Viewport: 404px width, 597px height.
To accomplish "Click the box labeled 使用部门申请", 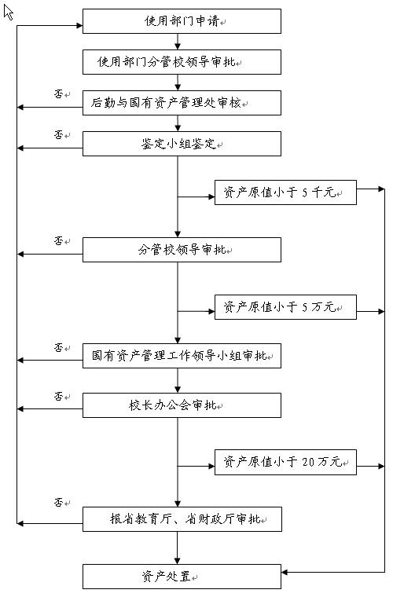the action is (x=182, y=21).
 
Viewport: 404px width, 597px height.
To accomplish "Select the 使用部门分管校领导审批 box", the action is (x=182, y=62).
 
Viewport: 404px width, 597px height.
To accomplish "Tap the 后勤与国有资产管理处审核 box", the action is (x=182, y=103).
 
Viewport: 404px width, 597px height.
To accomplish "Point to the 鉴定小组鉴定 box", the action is (x=182, y=144).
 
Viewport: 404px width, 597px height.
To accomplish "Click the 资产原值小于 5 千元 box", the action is (x=285, y=192).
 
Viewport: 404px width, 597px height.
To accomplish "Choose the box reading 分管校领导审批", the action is (x=182, y=250).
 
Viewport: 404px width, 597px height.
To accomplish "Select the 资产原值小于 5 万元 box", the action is (x=285, y=307).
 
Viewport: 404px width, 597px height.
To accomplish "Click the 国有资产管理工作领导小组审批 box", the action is (x=182, y=356).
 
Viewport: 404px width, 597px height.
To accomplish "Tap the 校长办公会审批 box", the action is (x=182, y=405).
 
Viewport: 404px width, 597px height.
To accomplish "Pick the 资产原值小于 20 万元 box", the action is (x=285, y=462).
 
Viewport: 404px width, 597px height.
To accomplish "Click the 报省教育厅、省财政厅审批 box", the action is (x=182, y=519).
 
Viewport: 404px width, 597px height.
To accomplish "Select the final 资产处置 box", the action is (x=182, y=577).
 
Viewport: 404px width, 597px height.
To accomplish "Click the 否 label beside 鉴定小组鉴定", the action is (x=58, y=134).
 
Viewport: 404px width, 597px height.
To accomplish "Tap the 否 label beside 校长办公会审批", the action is (x=58, y=396).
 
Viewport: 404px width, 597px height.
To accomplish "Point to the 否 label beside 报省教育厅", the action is (x=58, y=502).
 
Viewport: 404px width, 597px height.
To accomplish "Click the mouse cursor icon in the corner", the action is (x=9, y=13).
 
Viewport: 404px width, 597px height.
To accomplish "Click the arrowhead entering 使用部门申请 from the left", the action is (x=79, y=25).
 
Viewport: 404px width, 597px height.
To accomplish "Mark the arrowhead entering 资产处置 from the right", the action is (x=285, y=572).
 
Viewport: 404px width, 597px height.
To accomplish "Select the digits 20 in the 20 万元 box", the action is (x=308, y=462).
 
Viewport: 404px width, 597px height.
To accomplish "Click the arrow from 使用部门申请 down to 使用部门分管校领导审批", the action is (x=178, y=42).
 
